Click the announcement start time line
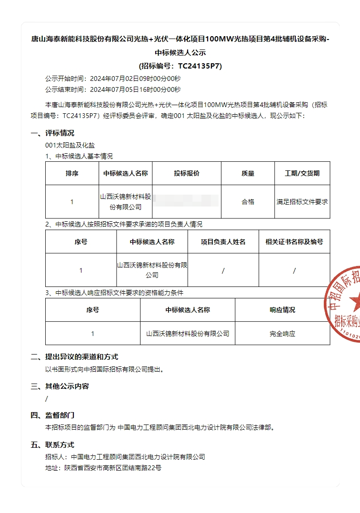pyautogui.click(x=113, y=79)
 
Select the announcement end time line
pyautogui.click(x=113, y=89)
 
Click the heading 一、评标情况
pyautogui.click(x=52, y=133)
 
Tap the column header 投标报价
pyautogui.click(x=187, y=174)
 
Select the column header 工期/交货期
pyautogui.click(x=302, y=174)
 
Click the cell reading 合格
pyautogui.click(x=248, y=202)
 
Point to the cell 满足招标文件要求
pyautogui.click(x=302, y=202)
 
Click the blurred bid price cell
pyautogui.click(x=187, y=202)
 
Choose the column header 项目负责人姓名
pyautogui.click(x=223, y=242)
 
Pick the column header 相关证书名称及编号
pyautogui.click(x=294, y=242)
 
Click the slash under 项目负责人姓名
pyautogui.click(x=223, y=271)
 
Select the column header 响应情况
pyautogui.click(x=282, y=310)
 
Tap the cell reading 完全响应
pyautogui.click(x=282, y=334)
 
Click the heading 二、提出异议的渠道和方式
pyautogui.click(x=74, y=357)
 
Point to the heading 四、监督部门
pyautogui.click(x=52, y=415)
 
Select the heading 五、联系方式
pyautogui.click(x=52, y=445)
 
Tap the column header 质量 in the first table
pyautogui.click(x=248, y=174)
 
